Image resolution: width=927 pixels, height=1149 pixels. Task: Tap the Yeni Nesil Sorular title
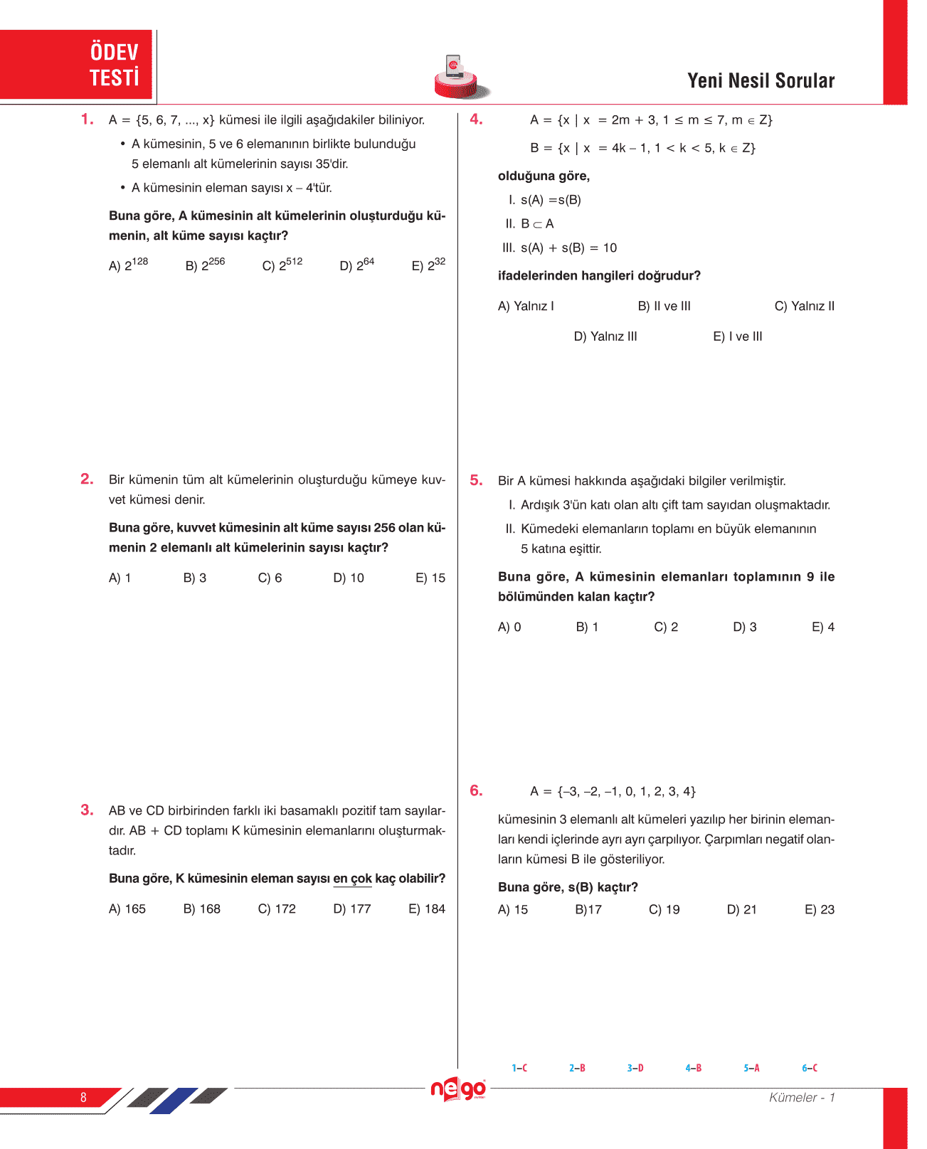click(761, 80)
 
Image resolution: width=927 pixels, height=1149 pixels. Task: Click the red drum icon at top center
click(460, 78)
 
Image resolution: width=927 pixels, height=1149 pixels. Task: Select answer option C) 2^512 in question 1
click(282, 265)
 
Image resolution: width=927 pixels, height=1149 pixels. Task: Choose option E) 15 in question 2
click(430, 578)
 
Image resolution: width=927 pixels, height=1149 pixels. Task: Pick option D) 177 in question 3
click(351, 909)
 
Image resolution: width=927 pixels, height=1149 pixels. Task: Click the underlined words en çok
click(352, 879)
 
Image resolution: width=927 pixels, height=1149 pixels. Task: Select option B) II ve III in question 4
click(664, 306)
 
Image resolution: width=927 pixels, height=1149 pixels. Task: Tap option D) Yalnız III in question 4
click(605, 337)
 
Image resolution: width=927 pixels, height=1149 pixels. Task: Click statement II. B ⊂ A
click(529, 224)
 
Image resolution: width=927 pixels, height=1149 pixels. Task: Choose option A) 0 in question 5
click(509, 627)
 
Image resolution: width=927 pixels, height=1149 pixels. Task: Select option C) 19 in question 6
click(664, 909)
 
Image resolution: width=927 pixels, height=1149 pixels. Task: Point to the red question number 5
click(476, 480)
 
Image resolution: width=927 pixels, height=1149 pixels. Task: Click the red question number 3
click(87, 810)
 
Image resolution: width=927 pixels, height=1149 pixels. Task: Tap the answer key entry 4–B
click(693, 1068)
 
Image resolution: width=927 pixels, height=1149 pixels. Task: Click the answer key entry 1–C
click(519, 1068)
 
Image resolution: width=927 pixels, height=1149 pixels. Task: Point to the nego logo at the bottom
click(458, 1089)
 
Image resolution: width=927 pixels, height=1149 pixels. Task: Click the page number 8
click(83, 1097)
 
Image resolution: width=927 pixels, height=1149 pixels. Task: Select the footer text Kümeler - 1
click(801, 1097)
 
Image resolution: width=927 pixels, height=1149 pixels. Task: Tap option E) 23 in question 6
click(819, 909)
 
